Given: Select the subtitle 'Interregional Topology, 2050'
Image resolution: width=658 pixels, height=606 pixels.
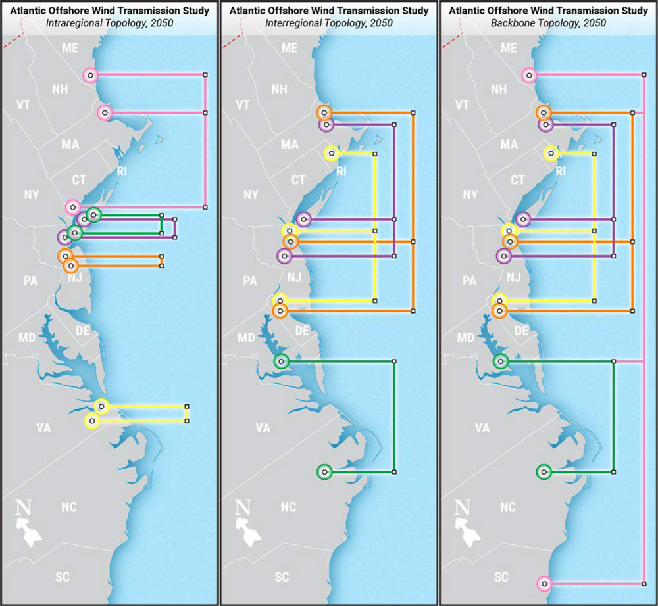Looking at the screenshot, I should tap(328, 23).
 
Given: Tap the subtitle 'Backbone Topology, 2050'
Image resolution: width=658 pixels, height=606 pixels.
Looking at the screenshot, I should tap(548, 23).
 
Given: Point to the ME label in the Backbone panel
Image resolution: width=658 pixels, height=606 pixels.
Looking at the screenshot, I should tap(509, 48).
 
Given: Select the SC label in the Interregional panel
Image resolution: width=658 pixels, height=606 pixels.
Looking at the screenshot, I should tap(282, 578).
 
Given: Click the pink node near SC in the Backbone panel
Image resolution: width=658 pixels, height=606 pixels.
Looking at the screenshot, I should tap(544, 584).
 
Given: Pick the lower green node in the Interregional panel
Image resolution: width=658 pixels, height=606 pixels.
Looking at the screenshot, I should tap(324, 472).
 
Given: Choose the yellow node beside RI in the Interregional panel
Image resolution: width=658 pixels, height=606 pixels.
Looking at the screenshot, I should tap(332, 154).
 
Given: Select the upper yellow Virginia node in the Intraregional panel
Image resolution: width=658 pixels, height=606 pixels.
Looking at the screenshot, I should tap(101, 406).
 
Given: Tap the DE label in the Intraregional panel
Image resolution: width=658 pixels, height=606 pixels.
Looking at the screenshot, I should tap(82, 331).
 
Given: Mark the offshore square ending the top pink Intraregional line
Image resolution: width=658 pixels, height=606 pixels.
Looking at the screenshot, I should tap(205, 75).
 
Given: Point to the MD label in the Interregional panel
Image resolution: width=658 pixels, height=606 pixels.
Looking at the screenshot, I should tap(246, 338).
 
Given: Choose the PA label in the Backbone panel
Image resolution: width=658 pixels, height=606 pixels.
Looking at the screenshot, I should tap(469, 281).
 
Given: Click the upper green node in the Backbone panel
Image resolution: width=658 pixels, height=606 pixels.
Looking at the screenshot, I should tap(501, 361).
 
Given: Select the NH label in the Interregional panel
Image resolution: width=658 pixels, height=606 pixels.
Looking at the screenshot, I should tap(280, 89).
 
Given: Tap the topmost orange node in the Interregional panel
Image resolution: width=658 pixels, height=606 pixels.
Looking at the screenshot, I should tap(323, 112).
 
